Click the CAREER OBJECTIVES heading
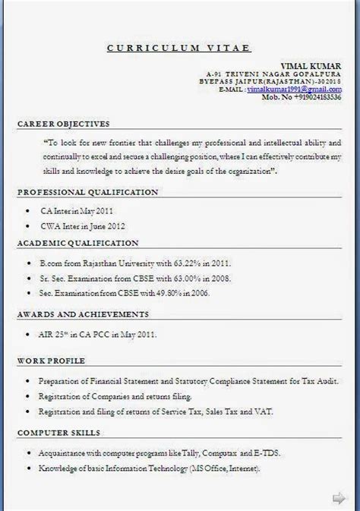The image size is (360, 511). (x=63, y=123)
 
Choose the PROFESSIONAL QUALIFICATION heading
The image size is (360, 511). (x=87, y=192)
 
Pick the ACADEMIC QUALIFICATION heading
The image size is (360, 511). (x=77, y=243)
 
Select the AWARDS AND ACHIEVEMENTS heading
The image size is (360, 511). (x=82, y=313)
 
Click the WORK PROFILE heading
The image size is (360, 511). (x=52, y=359)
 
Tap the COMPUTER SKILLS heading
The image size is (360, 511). (x=58, y=432)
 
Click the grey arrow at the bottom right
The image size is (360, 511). (x=339, y=497)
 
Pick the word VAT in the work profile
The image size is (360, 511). (x=264, y=412)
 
